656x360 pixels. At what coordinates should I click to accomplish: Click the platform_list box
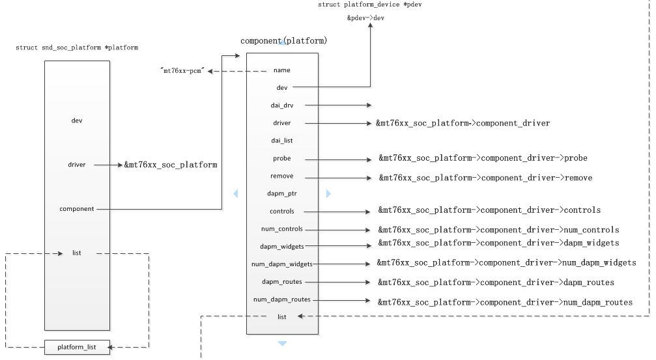[77, 347]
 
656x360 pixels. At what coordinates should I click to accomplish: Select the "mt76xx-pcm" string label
[182, 71]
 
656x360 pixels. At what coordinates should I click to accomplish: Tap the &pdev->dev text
[365, 18]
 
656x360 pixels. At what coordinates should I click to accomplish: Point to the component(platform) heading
[283, 41]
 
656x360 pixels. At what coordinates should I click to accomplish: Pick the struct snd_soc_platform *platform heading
[77, 48]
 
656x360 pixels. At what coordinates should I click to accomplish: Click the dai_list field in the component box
[282, 141]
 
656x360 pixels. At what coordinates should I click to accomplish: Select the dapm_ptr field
[282, 193]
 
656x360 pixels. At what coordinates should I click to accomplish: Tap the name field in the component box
[282, 70]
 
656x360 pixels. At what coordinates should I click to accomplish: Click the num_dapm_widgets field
[282, 264]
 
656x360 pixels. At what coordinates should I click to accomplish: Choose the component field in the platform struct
[77, 209]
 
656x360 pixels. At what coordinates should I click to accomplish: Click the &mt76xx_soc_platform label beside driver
[171, 165]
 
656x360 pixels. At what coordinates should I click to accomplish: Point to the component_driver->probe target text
[483, 158]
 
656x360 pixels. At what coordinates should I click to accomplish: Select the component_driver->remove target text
[485, 178]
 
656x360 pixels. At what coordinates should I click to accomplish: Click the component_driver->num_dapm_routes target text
[505, 302]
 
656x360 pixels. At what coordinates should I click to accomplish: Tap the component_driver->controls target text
[489, 211]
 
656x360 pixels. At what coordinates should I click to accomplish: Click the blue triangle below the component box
[282, 343]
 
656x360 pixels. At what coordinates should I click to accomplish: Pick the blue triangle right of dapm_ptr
[328, 193]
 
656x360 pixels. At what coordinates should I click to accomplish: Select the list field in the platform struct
[77, 253]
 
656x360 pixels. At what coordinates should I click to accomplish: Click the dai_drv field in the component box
[282, 105]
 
